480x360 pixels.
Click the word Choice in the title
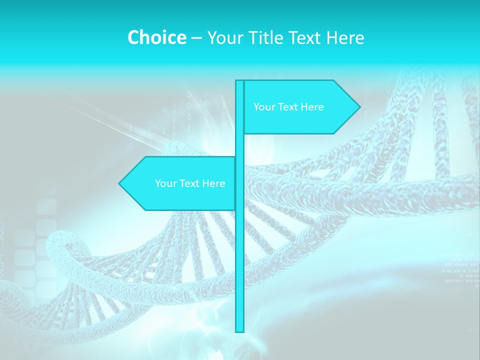point(156,38)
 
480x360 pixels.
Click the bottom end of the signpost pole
point(239,330)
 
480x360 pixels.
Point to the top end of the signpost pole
point(239,82)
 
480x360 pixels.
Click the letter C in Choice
point(133,38)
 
